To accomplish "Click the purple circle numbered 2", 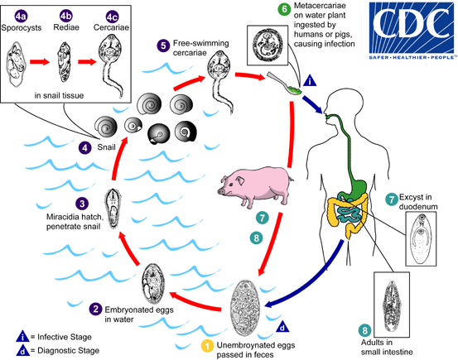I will pyautogui.click(x=97, y=310).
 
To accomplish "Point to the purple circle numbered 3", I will pyautogui.click(x=80, y=203).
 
